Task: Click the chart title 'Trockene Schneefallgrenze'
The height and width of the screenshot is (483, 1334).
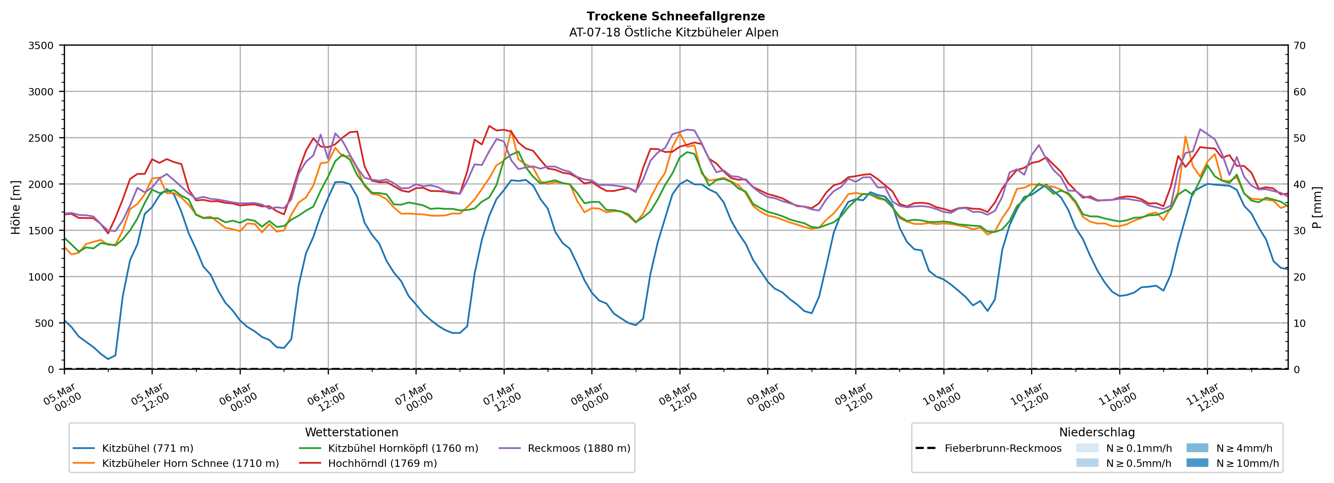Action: point(675,16)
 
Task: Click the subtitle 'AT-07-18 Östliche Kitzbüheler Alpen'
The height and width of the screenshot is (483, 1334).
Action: point(673,33)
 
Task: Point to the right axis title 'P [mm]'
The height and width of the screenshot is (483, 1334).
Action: point(1317,207)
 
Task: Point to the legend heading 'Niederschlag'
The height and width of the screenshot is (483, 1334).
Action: point(1096,432)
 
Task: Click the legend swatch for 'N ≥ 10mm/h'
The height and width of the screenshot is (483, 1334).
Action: point(1197,463)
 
